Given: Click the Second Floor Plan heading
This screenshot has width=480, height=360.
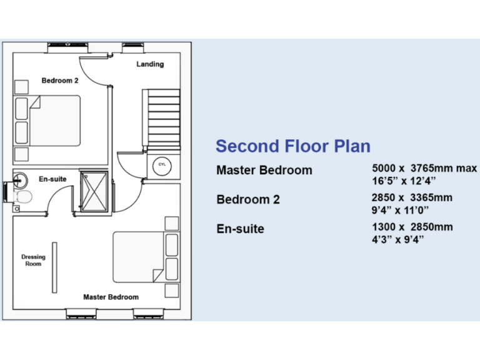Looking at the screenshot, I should coord(292,146).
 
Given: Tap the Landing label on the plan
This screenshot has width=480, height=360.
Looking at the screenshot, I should coord(150,64).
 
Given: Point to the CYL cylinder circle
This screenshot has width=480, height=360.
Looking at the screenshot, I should coord(161,164).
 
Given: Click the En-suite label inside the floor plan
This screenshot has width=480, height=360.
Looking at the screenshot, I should coord(52,179).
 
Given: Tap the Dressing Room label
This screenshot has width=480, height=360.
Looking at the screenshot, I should coord(33,260).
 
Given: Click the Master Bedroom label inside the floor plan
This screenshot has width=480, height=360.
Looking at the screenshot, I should coord(111,297).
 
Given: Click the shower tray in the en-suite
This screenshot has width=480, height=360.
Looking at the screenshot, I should coord(94,191).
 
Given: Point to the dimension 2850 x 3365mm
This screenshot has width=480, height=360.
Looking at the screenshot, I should coord(412,197).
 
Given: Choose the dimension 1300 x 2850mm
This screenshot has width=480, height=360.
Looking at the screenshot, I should coord(412,226).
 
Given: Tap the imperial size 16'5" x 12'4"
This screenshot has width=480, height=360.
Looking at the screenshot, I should coord(403,181).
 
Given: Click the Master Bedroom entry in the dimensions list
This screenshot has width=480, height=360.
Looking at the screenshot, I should coord(264,170).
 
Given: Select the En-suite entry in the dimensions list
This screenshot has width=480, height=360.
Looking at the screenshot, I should coord(240,229).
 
